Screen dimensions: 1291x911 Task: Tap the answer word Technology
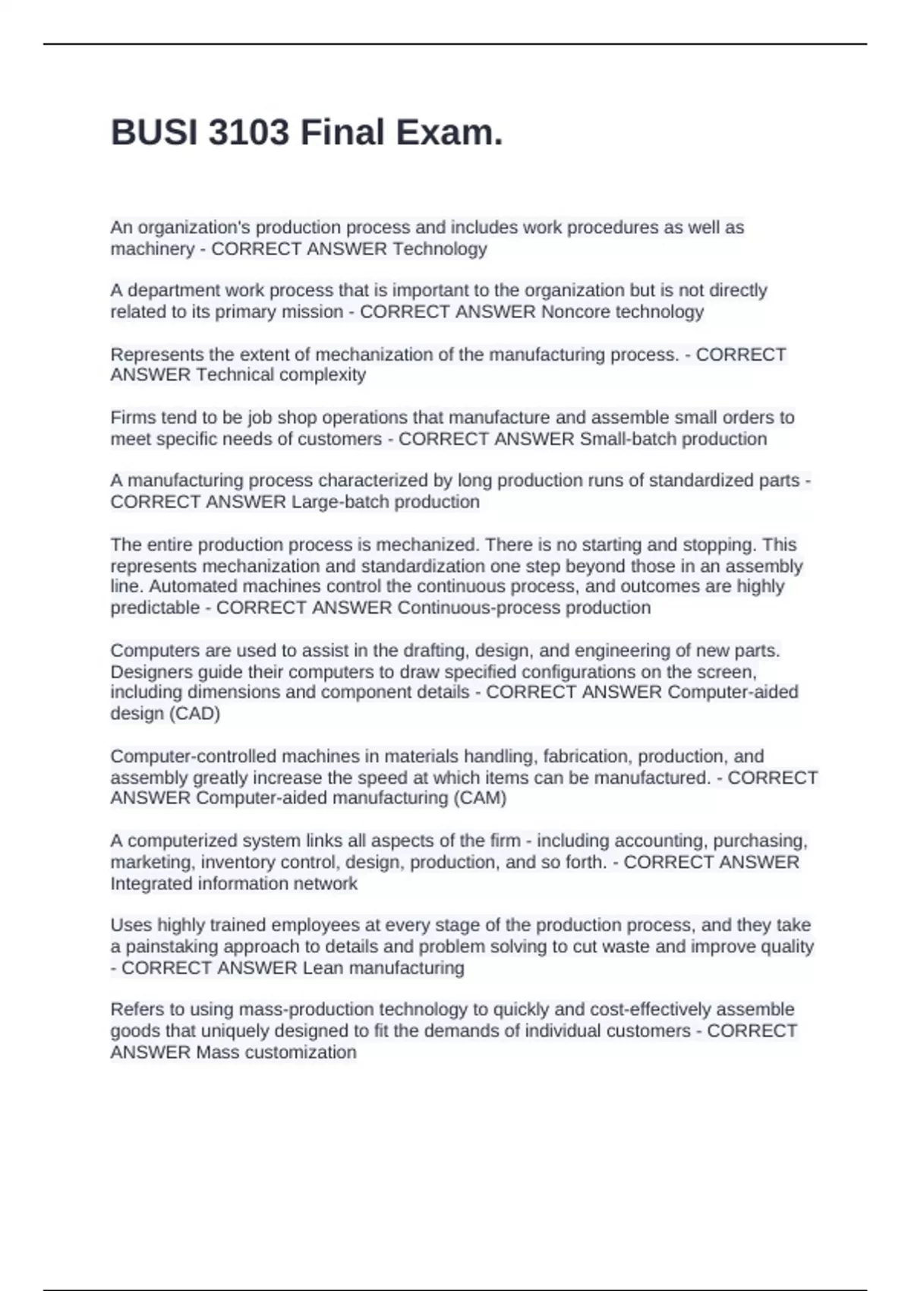[440, 249]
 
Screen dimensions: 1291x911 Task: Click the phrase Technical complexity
[281, 375]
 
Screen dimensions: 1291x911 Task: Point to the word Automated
[191, 586]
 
